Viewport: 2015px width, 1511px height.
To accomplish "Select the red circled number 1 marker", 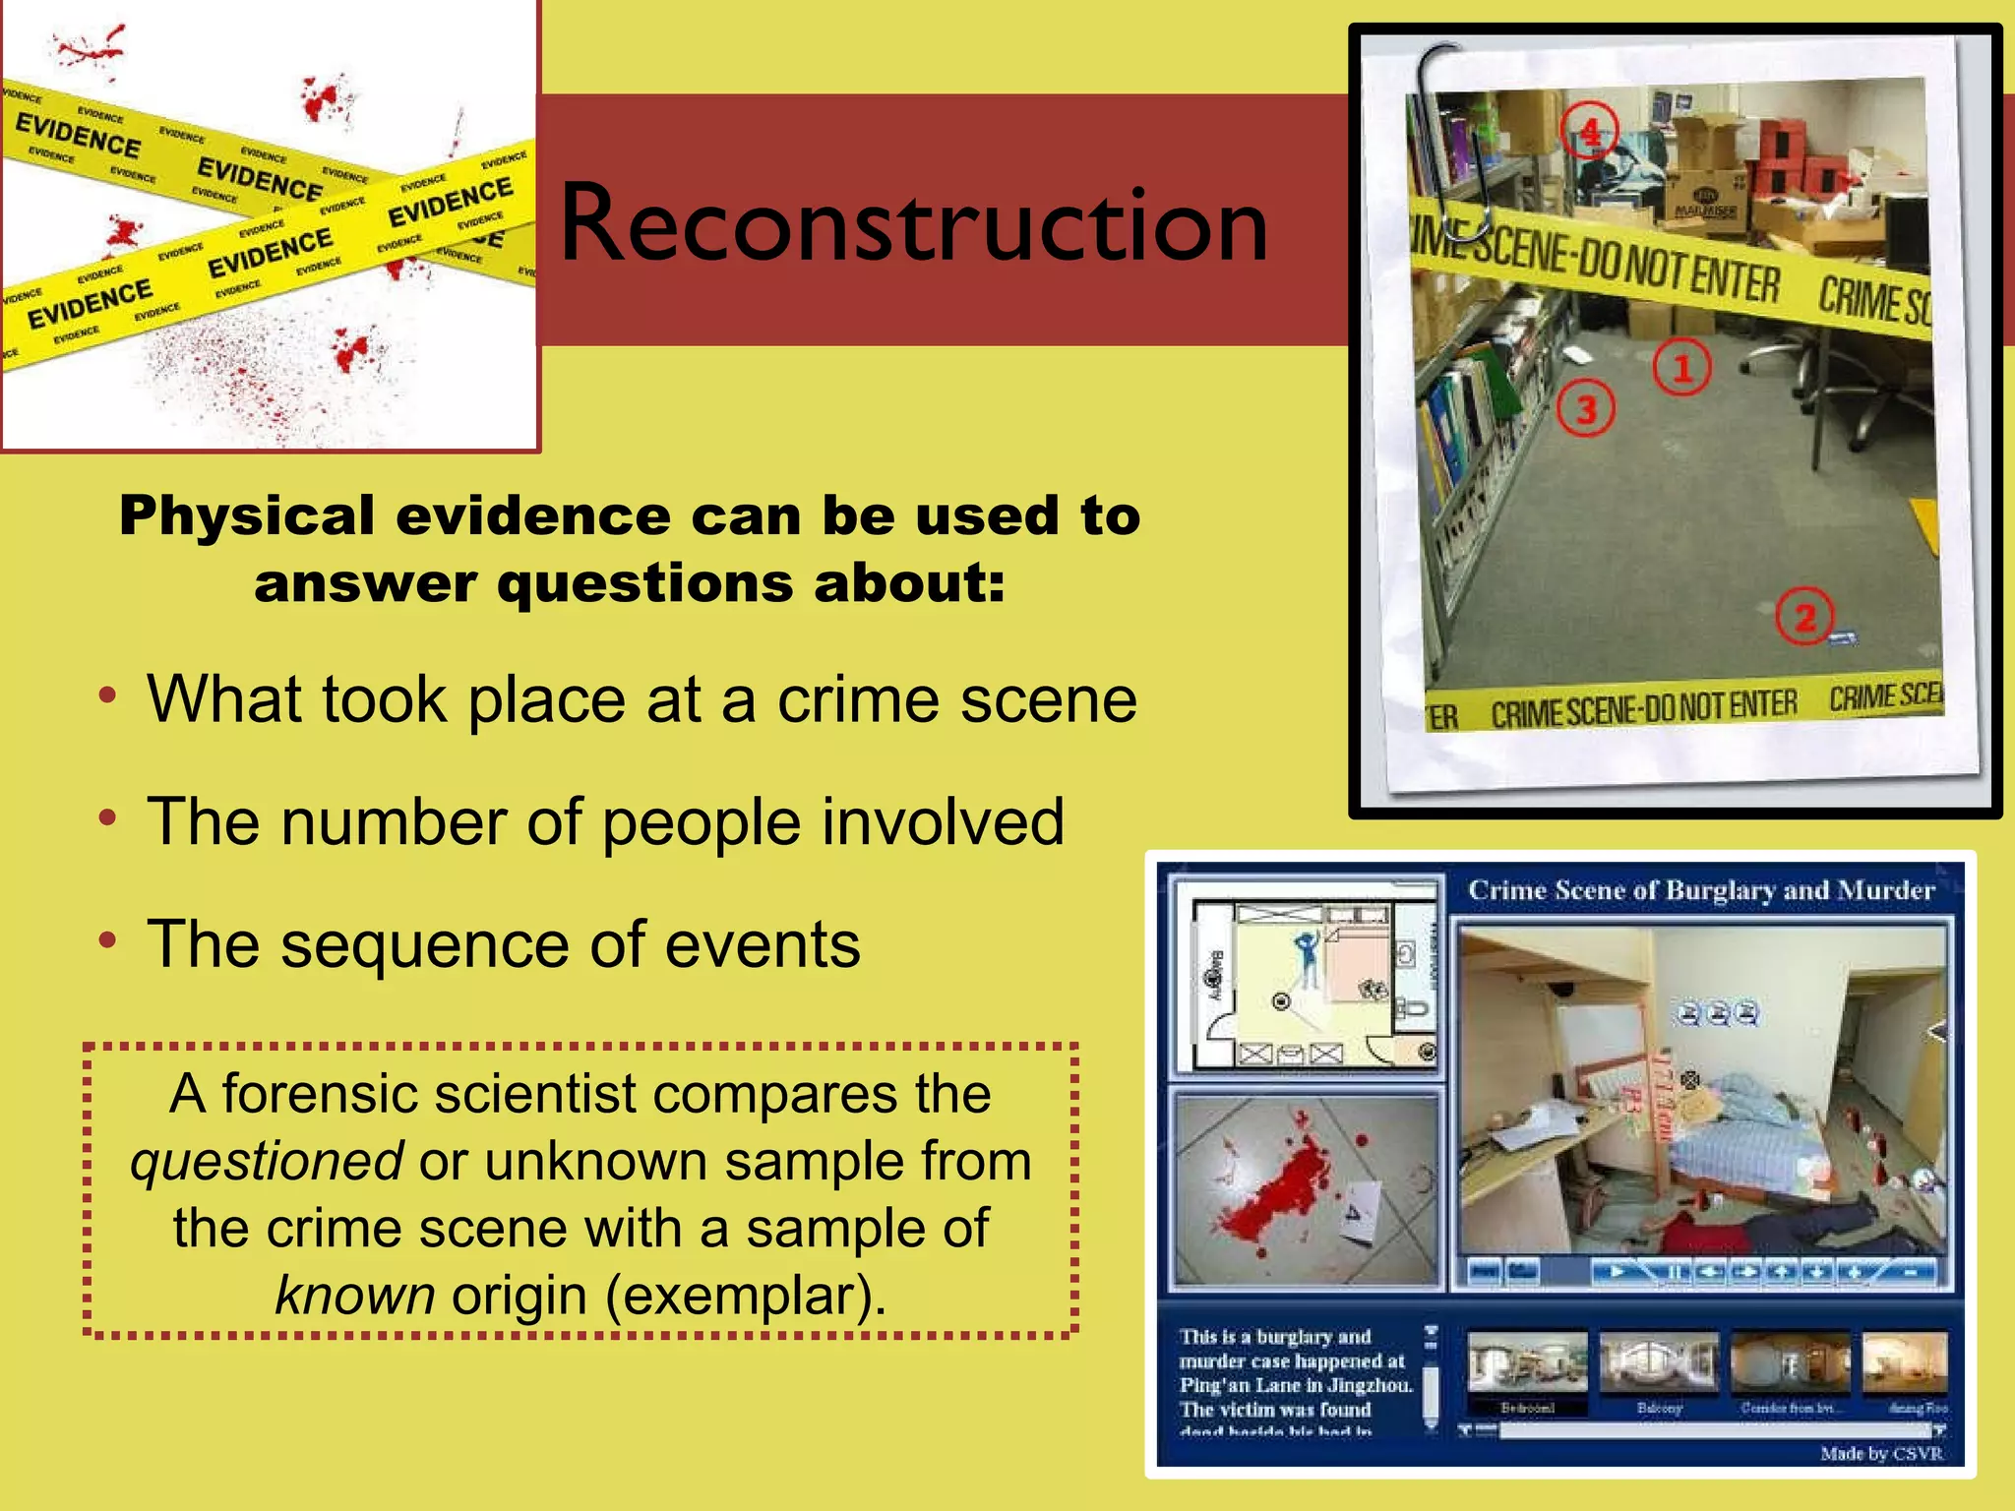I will click(1681, 367).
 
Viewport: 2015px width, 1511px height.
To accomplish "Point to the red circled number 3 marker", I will click(1586, 408).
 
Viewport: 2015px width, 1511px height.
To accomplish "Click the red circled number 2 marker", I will click(1804, 616).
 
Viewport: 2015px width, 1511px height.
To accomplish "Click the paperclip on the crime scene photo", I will click(1451, 128).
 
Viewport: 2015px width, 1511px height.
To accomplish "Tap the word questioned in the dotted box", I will click(267, 1162).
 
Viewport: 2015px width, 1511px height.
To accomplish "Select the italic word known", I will click(355, 1296).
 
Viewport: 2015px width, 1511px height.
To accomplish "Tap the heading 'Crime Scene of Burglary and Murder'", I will click(1701, 890).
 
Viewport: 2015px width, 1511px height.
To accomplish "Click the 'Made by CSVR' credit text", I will click(1880, 1453).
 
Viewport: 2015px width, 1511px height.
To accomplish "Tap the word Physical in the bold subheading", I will click(247, 515).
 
